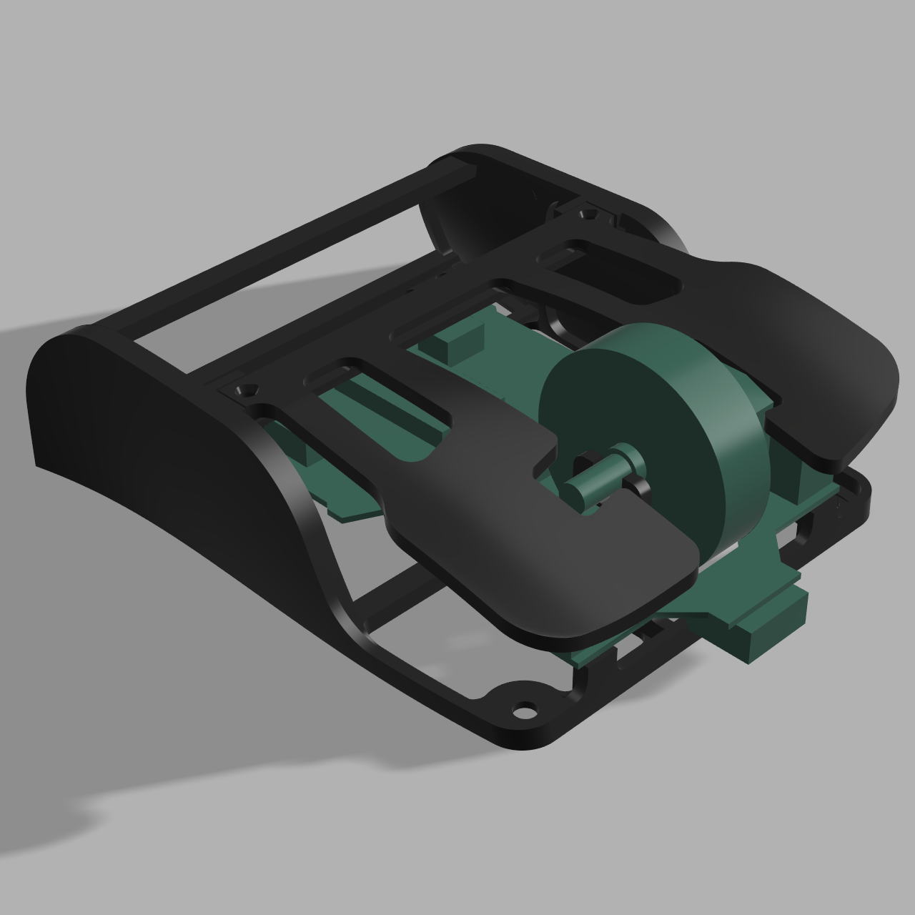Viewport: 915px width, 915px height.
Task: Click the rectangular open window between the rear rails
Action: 286,286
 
